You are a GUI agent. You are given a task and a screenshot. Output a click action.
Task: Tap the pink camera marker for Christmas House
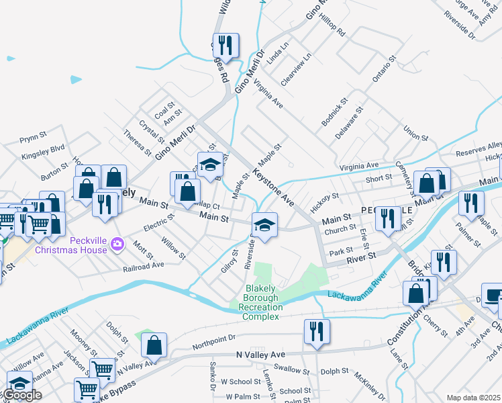click(118, 243)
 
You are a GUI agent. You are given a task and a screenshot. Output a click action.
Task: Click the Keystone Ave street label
click(274, 187)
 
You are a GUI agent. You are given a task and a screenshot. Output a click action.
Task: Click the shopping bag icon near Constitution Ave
click(415, 294)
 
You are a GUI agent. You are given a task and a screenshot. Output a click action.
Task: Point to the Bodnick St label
click(335, 112)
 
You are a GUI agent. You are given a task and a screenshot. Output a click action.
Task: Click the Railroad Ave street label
click(144, 265)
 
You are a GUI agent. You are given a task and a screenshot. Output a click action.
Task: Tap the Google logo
click(21, 395)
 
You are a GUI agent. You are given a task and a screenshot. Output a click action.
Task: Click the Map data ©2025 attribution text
click(473, 398)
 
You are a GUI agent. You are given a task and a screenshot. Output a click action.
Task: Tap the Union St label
click(415, 132)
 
